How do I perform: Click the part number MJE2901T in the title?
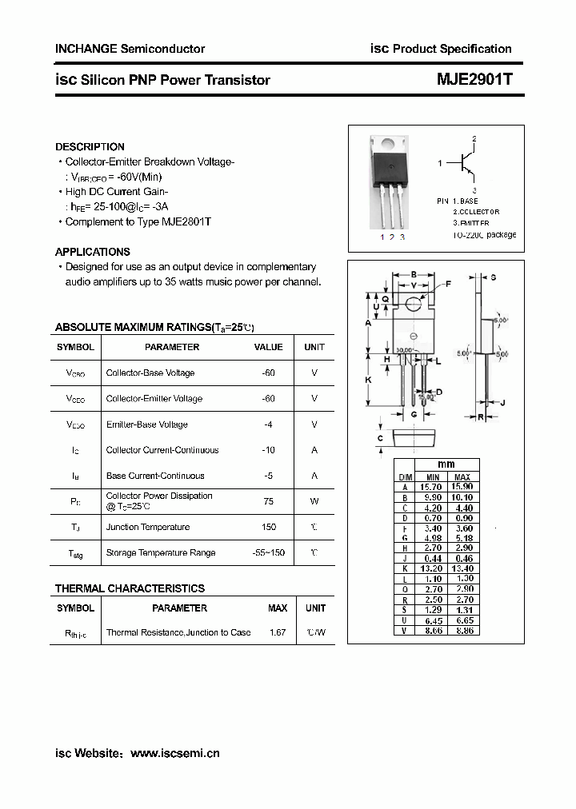click(475, 80)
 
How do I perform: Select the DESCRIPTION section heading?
click(90, 147)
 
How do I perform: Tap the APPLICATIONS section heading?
click(93, 252)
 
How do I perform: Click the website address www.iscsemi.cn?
click(174, 753)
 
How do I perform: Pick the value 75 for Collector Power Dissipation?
click(268, 501)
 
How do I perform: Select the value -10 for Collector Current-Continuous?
click(268, 450)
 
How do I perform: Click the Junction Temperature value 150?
click(268, 527)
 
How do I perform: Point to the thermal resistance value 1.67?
click(278, 632)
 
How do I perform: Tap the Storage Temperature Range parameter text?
click(160, 552)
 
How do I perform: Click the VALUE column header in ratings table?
click(268, 347)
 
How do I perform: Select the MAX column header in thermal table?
click(278, 608)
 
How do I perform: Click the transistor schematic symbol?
click(467, 164)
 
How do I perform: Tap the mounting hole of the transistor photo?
click(387, 145)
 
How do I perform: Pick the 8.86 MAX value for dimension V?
click(462, 631)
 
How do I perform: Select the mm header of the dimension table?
click(446, 465)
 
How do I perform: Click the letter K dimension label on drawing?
click(369, 381)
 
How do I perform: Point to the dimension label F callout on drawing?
click(447, 284)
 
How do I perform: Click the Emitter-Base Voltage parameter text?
click(146, 424)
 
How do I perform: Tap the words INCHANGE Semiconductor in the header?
click(130, 49)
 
